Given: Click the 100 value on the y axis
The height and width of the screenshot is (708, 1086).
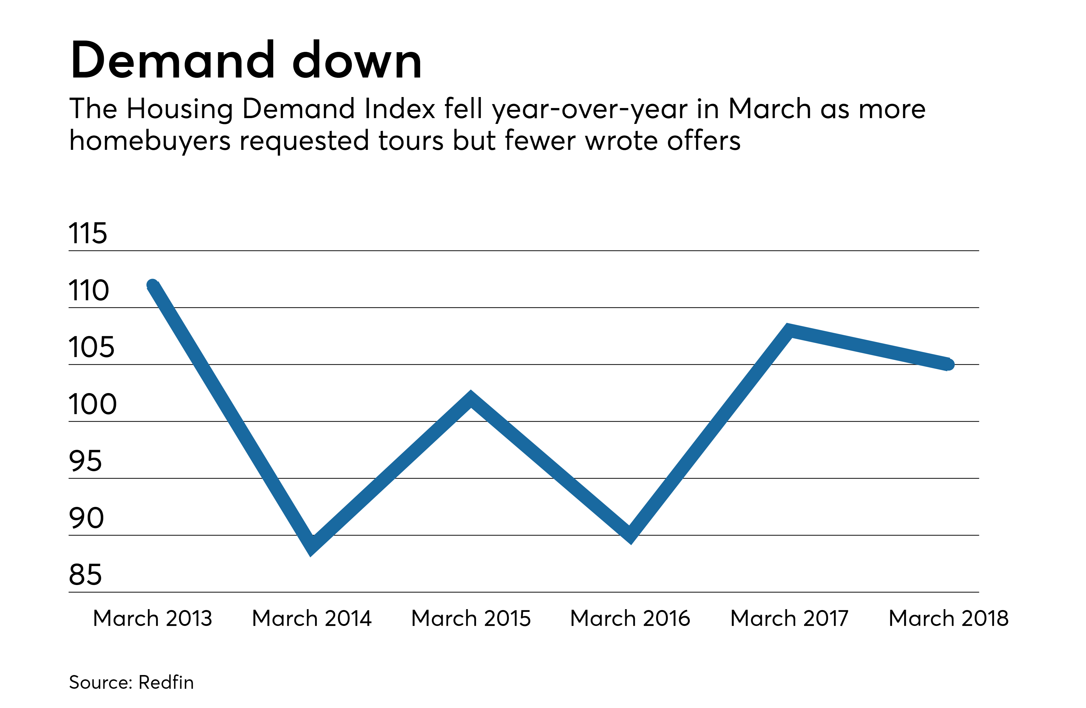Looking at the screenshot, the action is coord(93,404).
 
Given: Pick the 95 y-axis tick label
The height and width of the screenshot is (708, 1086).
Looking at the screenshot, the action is coord(85,461).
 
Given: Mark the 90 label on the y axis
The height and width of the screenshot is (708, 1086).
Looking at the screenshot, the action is coord(86,518).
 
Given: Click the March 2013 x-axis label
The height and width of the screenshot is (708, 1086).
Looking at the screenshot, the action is coord(153,619).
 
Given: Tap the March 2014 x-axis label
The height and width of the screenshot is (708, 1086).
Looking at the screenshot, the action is coord(312,619).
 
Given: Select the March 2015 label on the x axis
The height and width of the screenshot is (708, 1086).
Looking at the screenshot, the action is coord(471,619).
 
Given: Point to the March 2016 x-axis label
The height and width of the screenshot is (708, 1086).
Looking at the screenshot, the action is coord(630,619).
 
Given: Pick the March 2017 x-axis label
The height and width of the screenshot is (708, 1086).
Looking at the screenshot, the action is coord(789,619).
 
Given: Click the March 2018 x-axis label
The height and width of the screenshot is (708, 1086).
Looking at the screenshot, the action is coord(949,619).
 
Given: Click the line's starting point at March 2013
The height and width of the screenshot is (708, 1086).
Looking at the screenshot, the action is coord(153,285).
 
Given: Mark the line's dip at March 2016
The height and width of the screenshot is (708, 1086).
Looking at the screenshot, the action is coord(630,534).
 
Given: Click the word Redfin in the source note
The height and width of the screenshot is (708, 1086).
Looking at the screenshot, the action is coord(166,682).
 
